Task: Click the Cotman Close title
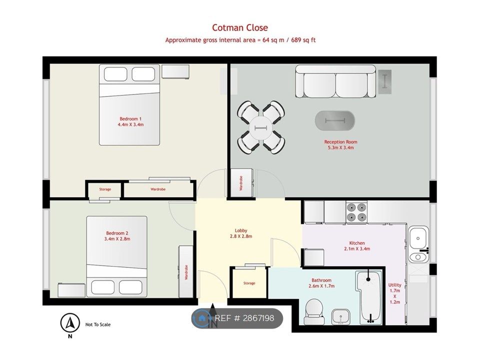[x=239, y=28]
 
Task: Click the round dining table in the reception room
[x=261, y=127]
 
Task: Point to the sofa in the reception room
[x=335, y=81]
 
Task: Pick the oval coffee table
[x=335, y=120]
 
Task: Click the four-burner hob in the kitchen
[x=356, y=211]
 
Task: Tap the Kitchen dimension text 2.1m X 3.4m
[x=356, y=248]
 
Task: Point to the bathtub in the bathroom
[x=370, y=297]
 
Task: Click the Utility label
[x=394, y=293]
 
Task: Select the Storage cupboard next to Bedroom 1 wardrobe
[x=104, y=189]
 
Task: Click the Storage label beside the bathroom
[x=249, y=283]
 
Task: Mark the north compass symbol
[x=70, y=323]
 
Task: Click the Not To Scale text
[x=98, y=324]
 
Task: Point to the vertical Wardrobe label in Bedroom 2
[x=186, y=272]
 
